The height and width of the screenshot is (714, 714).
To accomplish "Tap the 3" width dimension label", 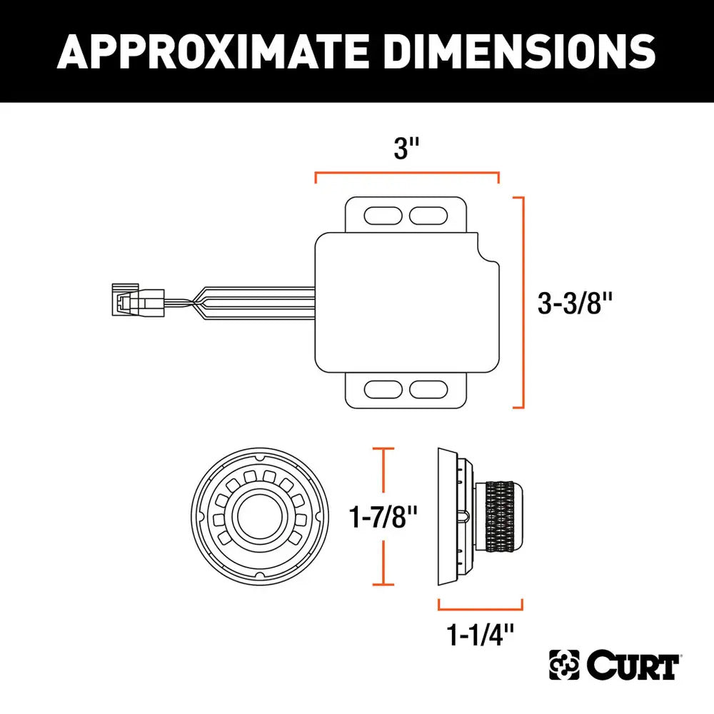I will click(406, 149).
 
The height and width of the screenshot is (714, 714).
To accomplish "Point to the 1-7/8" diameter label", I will click(384, 518).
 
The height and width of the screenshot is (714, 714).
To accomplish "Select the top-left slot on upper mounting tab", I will click(383, 214).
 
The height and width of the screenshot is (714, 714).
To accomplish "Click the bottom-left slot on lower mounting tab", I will click(383, 389).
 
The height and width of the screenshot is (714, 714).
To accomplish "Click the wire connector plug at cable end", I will click(138, 301).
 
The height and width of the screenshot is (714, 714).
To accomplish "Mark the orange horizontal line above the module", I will click(406, 173).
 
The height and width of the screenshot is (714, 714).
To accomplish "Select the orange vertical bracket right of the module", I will click(523, 302).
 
